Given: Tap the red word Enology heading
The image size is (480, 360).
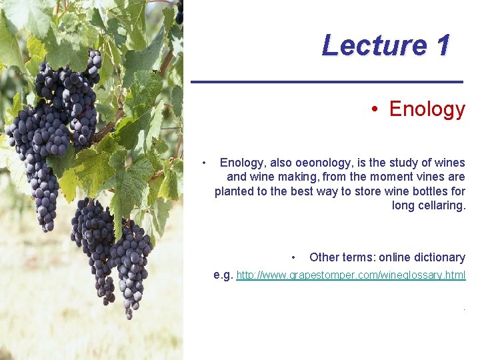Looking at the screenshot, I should (427, 109).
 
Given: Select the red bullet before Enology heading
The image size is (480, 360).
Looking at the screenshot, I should (376, 109).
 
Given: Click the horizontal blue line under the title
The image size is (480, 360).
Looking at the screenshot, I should (327, 81).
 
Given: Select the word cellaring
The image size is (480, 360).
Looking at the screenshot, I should (441, 205).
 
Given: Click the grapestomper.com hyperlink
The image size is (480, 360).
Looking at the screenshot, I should (351, 275).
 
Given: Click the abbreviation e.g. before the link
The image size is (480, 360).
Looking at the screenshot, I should (223, 275).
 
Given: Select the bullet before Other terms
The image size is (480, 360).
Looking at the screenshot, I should (293, 258).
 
